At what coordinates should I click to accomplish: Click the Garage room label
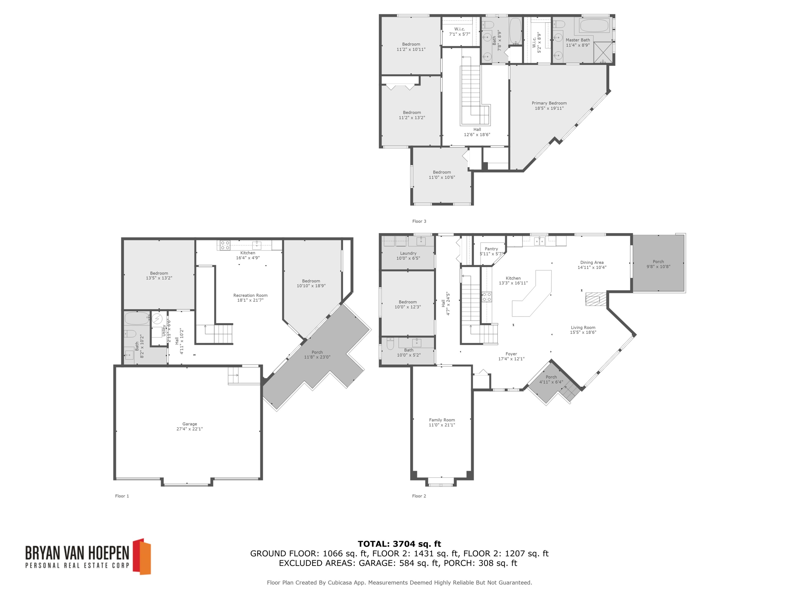(189, 424)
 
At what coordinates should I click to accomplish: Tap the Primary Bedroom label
(549, 103)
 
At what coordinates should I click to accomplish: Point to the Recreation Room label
(250, 295)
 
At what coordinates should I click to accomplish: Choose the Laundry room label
(408, 253)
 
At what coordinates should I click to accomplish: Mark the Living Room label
(583, 327)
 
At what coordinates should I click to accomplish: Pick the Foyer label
(511, 354)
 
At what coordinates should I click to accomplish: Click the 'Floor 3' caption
(419, 221)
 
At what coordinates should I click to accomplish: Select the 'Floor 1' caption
(122, 496)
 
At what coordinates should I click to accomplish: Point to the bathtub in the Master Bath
(594, 25)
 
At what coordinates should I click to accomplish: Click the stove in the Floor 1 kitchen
(225, 245)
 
